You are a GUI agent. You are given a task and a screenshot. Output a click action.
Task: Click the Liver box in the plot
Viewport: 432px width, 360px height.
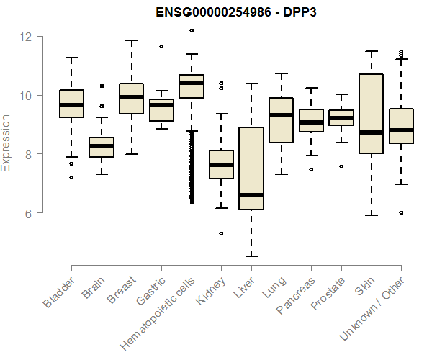tap(251, 168)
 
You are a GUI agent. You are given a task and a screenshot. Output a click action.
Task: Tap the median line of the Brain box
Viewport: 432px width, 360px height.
tap(101, 146)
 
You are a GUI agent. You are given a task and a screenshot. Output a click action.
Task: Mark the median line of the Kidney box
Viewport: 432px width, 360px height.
tap(221, 165)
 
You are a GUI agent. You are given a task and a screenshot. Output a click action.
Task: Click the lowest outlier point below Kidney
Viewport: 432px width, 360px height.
tap(221, 233)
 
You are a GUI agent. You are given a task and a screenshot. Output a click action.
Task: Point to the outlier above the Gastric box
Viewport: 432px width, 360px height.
tap(161, 46)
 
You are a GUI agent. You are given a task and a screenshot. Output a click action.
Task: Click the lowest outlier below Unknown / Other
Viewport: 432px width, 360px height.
tap(401, 212)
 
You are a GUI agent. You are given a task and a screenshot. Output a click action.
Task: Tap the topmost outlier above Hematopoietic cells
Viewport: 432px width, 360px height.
tap(191, 31)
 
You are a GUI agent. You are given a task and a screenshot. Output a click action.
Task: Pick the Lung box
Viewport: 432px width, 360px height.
tap(281, 120)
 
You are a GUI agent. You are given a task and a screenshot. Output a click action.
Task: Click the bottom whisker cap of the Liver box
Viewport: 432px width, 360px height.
tap(251, 256)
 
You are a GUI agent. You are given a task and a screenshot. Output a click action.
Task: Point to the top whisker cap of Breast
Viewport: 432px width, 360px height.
tap(131, 40)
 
